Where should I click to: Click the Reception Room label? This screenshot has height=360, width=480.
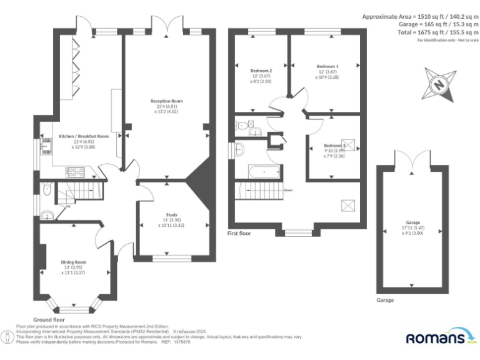166,101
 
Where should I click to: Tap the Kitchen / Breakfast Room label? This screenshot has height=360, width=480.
84,136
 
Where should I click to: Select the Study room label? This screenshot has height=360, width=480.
171,214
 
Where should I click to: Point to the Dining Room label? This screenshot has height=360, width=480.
73,262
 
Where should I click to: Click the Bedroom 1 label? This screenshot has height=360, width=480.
327,66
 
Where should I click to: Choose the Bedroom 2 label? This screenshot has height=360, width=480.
262,71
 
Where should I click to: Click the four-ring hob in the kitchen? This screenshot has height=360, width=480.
76,171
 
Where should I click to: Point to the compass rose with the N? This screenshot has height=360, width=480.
439,84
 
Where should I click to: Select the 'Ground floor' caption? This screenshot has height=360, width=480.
49,319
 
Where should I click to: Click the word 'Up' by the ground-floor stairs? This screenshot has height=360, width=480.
67,206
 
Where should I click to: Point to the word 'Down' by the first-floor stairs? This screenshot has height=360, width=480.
287,190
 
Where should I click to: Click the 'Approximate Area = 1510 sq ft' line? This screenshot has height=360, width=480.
420,16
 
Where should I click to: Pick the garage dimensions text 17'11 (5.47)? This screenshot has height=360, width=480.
412,228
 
